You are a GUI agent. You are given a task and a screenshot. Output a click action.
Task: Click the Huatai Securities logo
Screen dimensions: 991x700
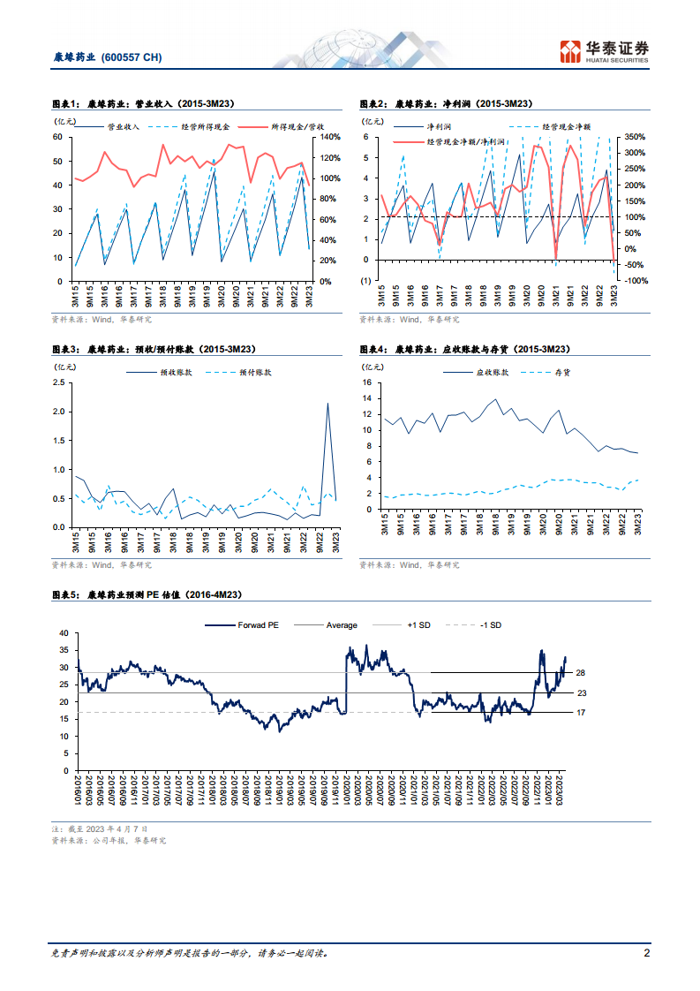(x=606, y=51)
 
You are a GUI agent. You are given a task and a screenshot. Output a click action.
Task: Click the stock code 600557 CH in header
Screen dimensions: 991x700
(x=132, y=57)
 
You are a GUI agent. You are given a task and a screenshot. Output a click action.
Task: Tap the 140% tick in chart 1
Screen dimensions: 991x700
(x=329, y=137)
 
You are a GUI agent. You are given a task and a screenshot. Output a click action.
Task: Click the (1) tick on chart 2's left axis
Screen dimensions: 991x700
(x=365, y=281)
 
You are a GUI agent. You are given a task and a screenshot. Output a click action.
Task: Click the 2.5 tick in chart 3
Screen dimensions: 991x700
(x=59, y=382)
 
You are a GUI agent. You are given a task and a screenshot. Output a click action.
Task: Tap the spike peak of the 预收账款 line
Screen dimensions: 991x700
(x=328, y=404)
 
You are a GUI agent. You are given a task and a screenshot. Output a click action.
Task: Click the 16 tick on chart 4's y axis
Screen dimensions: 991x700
(x=369, y=382)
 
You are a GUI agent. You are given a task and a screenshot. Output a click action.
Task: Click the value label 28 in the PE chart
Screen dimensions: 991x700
(x=581, y=673)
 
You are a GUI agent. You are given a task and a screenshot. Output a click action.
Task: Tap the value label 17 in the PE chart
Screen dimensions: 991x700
(x=581, y=713)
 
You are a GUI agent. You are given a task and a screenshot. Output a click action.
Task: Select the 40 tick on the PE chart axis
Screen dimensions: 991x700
(x=62, y=633)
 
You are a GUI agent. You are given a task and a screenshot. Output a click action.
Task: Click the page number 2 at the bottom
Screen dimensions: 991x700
(x=647, y=954)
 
